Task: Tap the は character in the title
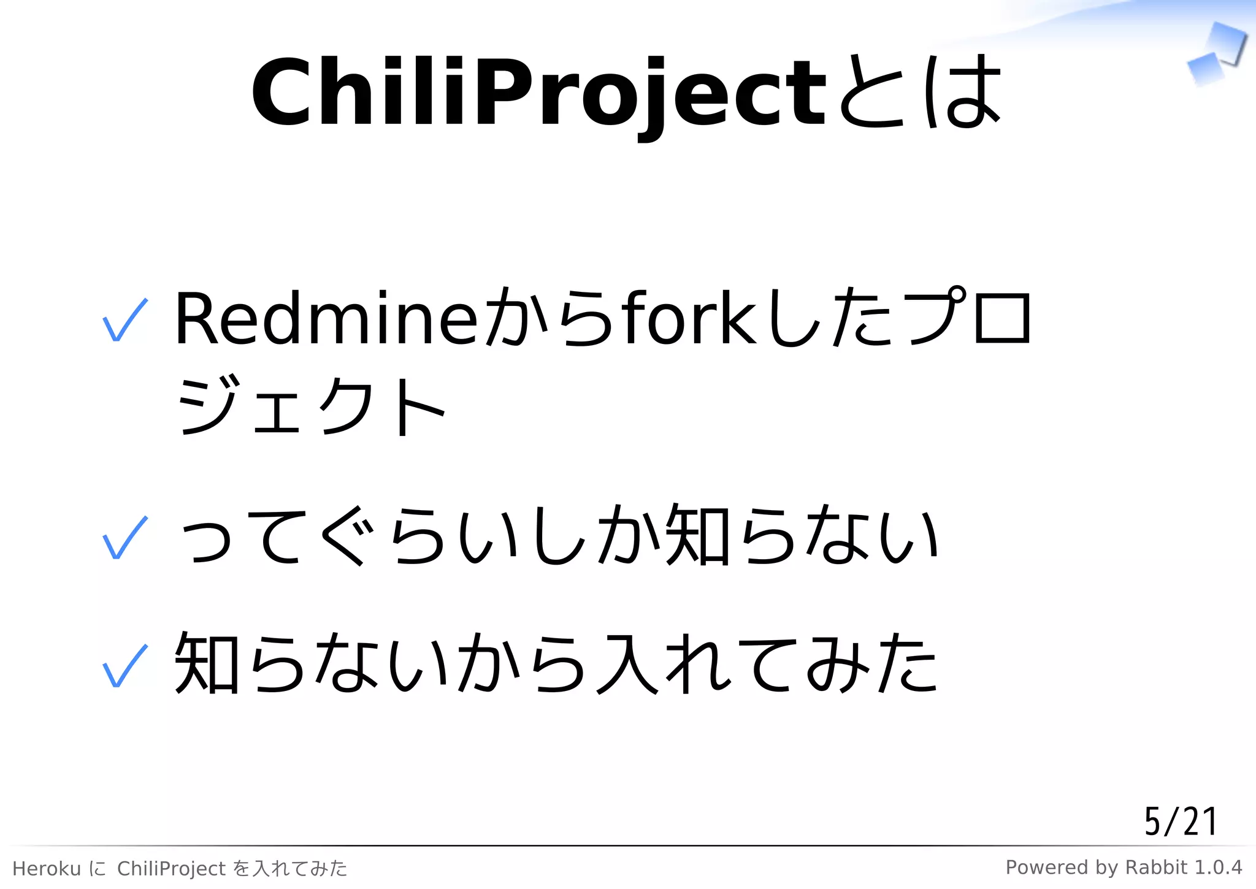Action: pos(963,92)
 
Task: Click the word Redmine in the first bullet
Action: pos(325,319)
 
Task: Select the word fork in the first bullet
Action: pos(690,319)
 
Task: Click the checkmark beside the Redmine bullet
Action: pos(125,320)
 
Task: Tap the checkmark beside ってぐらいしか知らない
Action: pos(125,538)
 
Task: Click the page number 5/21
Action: pos(1180,822)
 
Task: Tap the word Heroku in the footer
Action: pos(47,869)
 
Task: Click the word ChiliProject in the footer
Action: pos(172,869)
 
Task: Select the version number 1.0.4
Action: pos(1218,868)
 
